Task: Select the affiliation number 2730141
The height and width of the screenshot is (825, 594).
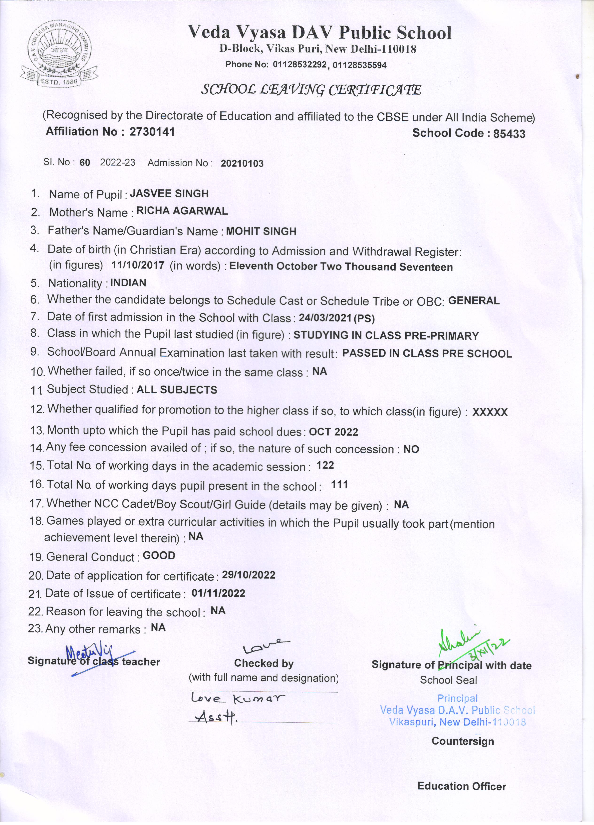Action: pos(152,132)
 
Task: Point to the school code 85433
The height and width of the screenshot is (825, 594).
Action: pos(509,134)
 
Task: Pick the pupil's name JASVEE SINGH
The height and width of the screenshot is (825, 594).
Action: pos(169,194)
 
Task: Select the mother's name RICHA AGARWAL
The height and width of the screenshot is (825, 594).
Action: pos(182,211)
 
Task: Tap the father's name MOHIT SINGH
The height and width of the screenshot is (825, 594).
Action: pos(261,231)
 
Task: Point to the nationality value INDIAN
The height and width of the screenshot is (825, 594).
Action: pos(128,283)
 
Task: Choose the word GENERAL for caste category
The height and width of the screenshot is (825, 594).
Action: pos(474,300)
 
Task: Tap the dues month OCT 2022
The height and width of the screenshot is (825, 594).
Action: pos(333,432)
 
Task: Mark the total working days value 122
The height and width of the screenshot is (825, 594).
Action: pos(325,465)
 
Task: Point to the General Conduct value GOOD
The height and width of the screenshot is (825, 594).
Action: pos(159,555)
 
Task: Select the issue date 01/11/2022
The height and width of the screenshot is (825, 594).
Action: pos(218,593)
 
